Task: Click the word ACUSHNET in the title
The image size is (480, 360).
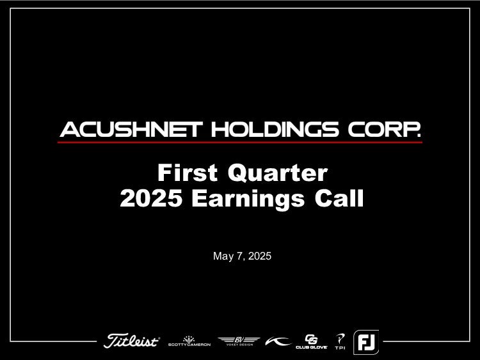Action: tap(131, 129)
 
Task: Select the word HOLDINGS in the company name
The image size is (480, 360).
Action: tap(275, 129)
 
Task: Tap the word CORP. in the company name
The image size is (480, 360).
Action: tap(384, 129)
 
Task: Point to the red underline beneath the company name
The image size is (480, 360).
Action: tap(240, 142)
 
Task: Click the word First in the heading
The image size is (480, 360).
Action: tap(188, 173)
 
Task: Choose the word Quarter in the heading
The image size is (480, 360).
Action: tap(278, 173)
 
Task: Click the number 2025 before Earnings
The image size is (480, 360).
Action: tap(151, 198)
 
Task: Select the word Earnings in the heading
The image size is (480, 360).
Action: tap(248, 200)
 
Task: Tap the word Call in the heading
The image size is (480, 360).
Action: tap(339, 198)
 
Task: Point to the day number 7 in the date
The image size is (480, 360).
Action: tap(240, 256)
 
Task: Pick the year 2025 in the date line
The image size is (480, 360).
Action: tap(260, 256)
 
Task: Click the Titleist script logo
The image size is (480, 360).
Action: tap(132, 340)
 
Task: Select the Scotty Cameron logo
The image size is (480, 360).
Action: tap(189, 341)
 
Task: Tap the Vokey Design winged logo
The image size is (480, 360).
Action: tap(239, 341)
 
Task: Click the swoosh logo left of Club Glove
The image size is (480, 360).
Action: tap(278, 341)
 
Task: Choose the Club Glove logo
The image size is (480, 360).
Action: tap(311, 341)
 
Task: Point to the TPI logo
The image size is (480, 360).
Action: tap(340, 341)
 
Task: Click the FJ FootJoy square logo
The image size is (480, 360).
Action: tap(366, 342)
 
